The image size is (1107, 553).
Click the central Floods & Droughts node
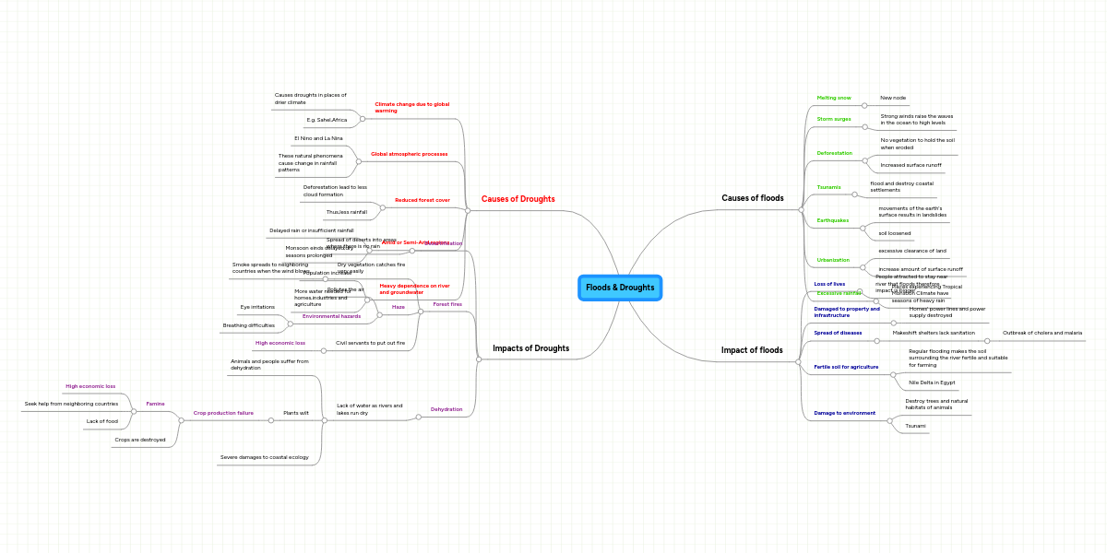(620, 288)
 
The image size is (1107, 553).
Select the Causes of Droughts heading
(518, 199)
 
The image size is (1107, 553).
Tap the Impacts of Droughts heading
(530, 348)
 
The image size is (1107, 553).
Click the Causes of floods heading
(752, 198)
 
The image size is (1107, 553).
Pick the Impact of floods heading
(751, 350)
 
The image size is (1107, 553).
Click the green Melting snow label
(834, 98)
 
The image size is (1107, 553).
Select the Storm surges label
(834, 119)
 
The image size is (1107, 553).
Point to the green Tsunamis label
(828, 187)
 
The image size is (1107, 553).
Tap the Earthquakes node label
(832, 220)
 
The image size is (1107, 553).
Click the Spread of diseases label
(838, 333)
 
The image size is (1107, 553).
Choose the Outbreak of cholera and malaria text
(1042, 333)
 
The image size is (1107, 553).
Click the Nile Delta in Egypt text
(932, 382)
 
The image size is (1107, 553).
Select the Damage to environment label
(844, 413)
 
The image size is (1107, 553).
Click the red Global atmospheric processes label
(409, 154)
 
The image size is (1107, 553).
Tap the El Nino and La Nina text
(318, 138)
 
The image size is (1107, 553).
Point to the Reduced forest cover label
(423, 200)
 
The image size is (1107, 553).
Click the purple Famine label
(155, 404)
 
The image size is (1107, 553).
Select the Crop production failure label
(223, 413)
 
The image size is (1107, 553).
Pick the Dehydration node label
(446, 409)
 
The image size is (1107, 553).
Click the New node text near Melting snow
(893, 98)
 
